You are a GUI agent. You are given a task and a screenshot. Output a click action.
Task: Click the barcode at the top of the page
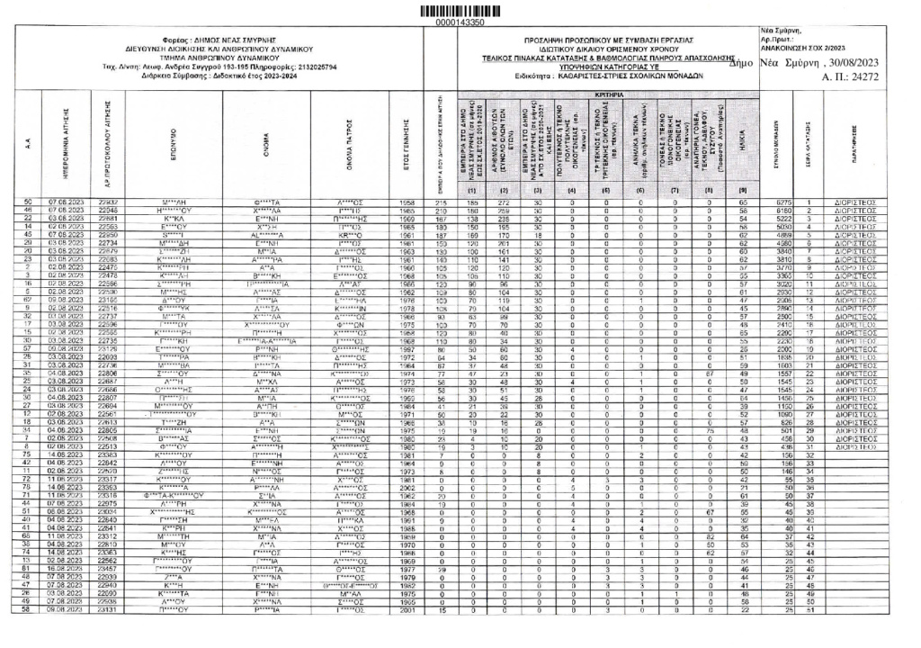459,9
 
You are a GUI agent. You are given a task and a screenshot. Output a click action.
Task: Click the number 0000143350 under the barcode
459,21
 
